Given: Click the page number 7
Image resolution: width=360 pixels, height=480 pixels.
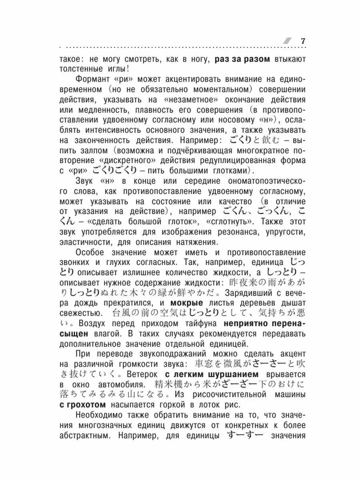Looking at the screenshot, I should click(303, 41).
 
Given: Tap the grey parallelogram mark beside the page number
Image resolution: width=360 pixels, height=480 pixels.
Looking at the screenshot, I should click(288, 41).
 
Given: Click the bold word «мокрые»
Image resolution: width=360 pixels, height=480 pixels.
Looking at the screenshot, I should click(187, 302).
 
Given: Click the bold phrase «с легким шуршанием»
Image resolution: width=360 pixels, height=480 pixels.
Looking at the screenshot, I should click(211, 374).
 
